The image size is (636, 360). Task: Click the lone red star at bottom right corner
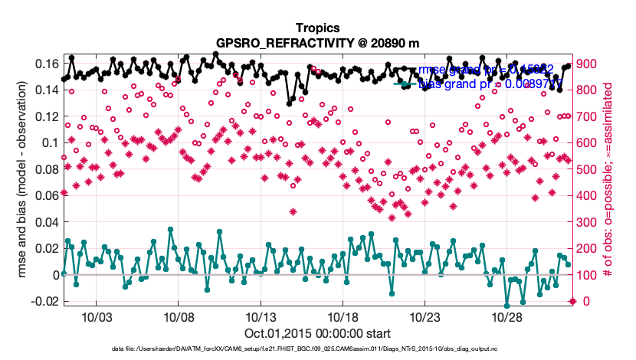tap(573, 301)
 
